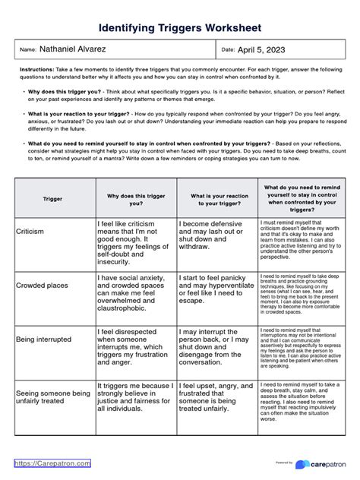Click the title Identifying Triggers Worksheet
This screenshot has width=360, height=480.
(180, 27)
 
